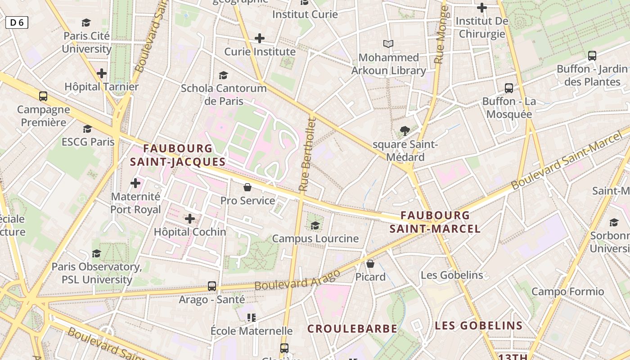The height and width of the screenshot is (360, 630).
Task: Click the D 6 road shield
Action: [x=17, y=22]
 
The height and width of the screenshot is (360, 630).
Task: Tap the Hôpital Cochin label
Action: [x=190, y=232]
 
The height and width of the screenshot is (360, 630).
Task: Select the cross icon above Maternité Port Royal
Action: [x=135, y=183]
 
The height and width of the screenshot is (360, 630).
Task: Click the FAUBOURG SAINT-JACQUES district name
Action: [x=178, y=155]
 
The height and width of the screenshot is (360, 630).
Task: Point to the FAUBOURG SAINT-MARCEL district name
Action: [x=435, y=222]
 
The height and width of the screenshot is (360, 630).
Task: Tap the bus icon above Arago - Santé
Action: [x=212, y=286]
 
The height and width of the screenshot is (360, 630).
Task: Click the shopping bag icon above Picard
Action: [x=370, y=264]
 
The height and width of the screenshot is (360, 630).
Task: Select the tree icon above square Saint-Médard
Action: [x=405, y=131]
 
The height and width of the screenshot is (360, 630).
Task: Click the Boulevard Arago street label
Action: [x=297, y=280]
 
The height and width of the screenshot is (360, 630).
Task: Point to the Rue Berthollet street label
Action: [x=308, y=154]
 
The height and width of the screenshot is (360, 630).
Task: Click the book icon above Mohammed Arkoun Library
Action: [x=388, y=44]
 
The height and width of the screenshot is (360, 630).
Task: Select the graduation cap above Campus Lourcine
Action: [x=315, y=225]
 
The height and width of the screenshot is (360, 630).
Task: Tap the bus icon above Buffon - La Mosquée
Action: [x=509, y=88]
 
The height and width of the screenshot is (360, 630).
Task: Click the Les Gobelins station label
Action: [x=452, y=275]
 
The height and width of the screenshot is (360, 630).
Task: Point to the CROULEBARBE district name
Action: [x=352, y=329]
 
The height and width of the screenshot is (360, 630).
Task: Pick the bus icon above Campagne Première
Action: [x=43, y=96]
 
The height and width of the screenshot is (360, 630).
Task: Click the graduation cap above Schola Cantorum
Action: [x=224, y=75]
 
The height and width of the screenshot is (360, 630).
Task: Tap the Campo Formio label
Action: [x=568, y=292]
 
